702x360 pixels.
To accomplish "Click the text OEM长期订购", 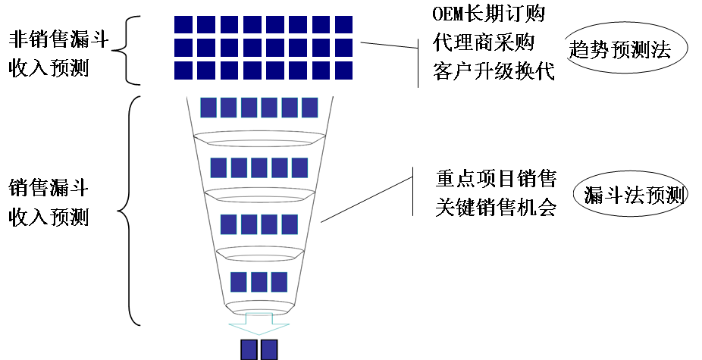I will click(488, 14).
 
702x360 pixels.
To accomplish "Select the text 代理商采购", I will click(488, 42).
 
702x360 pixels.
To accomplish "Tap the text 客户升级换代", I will click(494, 71).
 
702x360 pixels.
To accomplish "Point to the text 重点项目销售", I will click(497, 178).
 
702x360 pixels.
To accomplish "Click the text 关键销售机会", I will click(497, 207).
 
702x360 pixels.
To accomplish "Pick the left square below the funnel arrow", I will click(249, 350).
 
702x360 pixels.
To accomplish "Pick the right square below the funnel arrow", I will click(269, 350).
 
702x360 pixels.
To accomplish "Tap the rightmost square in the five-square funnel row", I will click(299, 167).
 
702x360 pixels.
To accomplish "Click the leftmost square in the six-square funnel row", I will click(208, 107).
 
